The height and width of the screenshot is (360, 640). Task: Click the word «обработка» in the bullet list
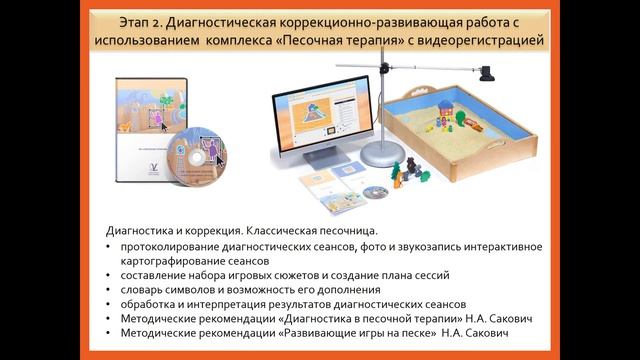(x=151, y=304)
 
